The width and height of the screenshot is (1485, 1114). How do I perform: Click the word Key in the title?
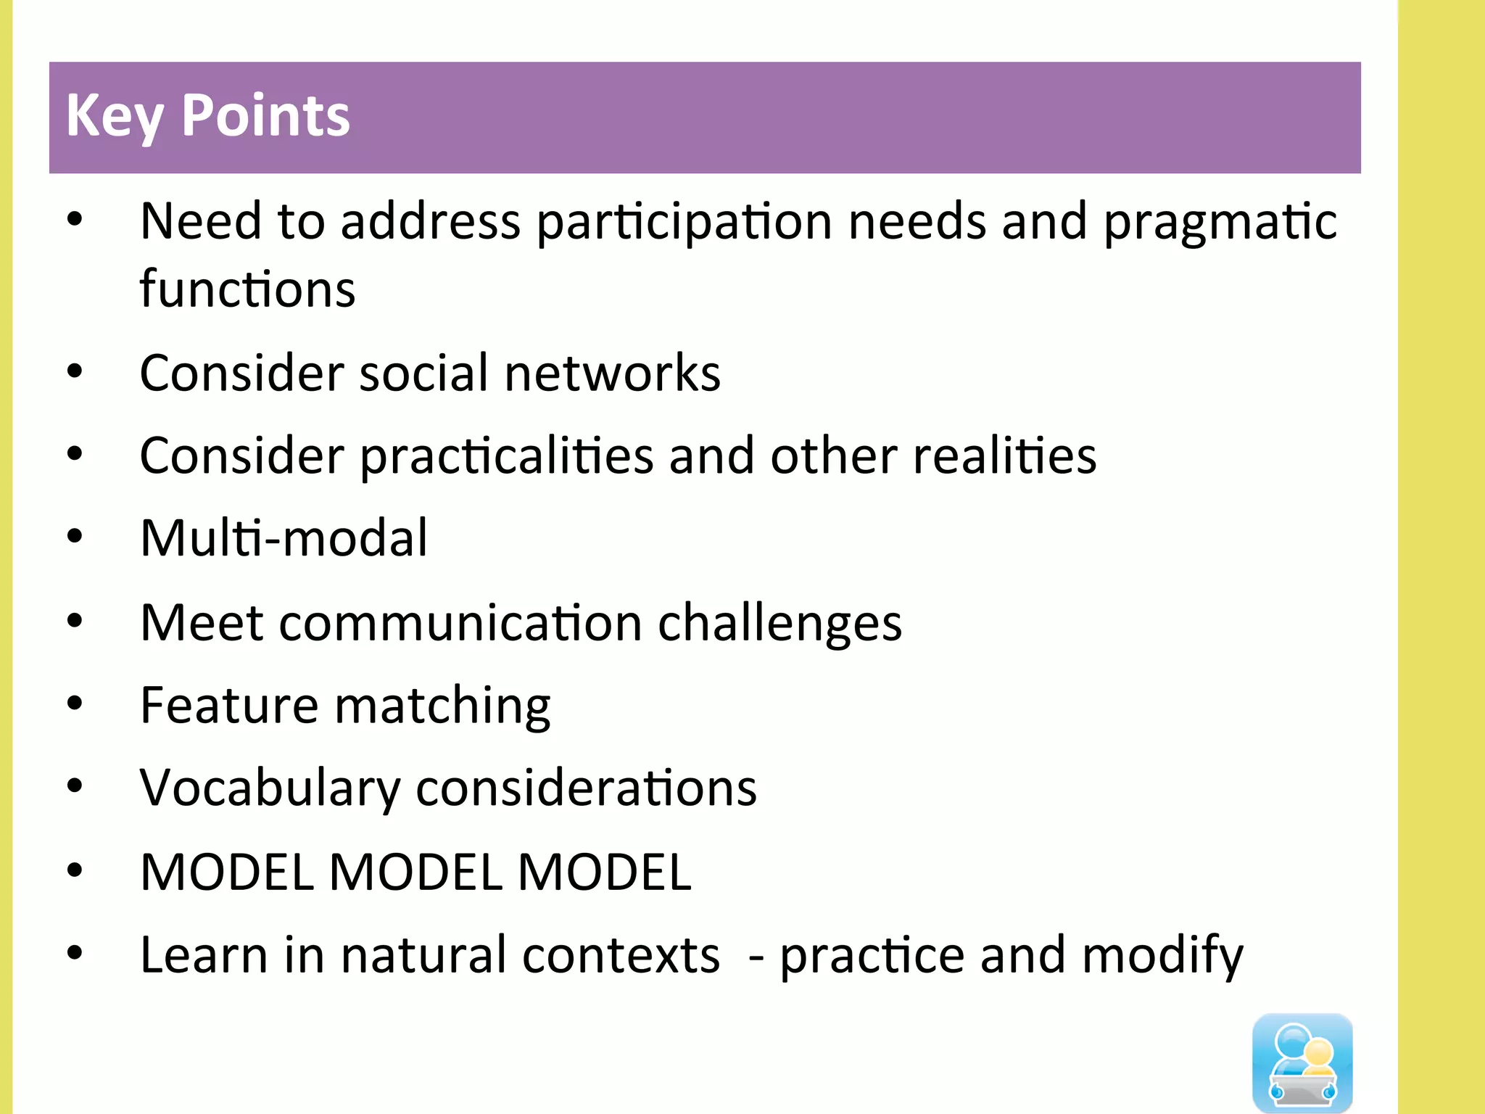coord(115,116)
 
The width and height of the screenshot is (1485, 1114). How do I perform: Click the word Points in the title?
coord(265,116)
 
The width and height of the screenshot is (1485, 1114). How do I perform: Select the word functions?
coord(247,289)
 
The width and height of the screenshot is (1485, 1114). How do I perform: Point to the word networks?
coord(612,373)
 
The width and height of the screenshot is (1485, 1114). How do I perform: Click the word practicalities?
coord(507,456)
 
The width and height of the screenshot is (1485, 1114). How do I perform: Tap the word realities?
coord(1005,456)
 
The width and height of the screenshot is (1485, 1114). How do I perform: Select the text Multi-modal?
coord(284,538)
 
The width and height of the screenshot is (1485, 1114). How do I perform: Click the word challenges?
coord(779,623)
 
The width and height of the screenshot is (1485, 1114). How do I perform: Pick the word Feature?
coord(229,705)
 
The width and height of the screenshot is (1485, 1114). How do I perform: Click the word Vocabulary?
coord(270,788)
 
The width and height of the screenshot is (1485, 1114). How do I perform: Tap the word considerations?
coord(586,788)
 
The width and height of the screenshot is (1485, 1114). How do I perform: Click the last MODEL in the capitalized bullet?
coord(604,872)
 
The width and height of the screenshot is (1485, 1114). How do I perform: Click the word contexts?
coord(621,955)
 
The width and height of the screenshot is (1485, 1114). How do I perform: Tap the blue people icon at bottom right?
coord(1302,1062)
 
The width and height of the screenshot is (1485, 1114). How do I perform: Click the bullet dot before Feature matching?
coord(75,703)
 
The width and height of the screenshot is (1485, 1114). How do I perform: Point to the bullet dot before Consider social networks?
coord(75,371)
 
